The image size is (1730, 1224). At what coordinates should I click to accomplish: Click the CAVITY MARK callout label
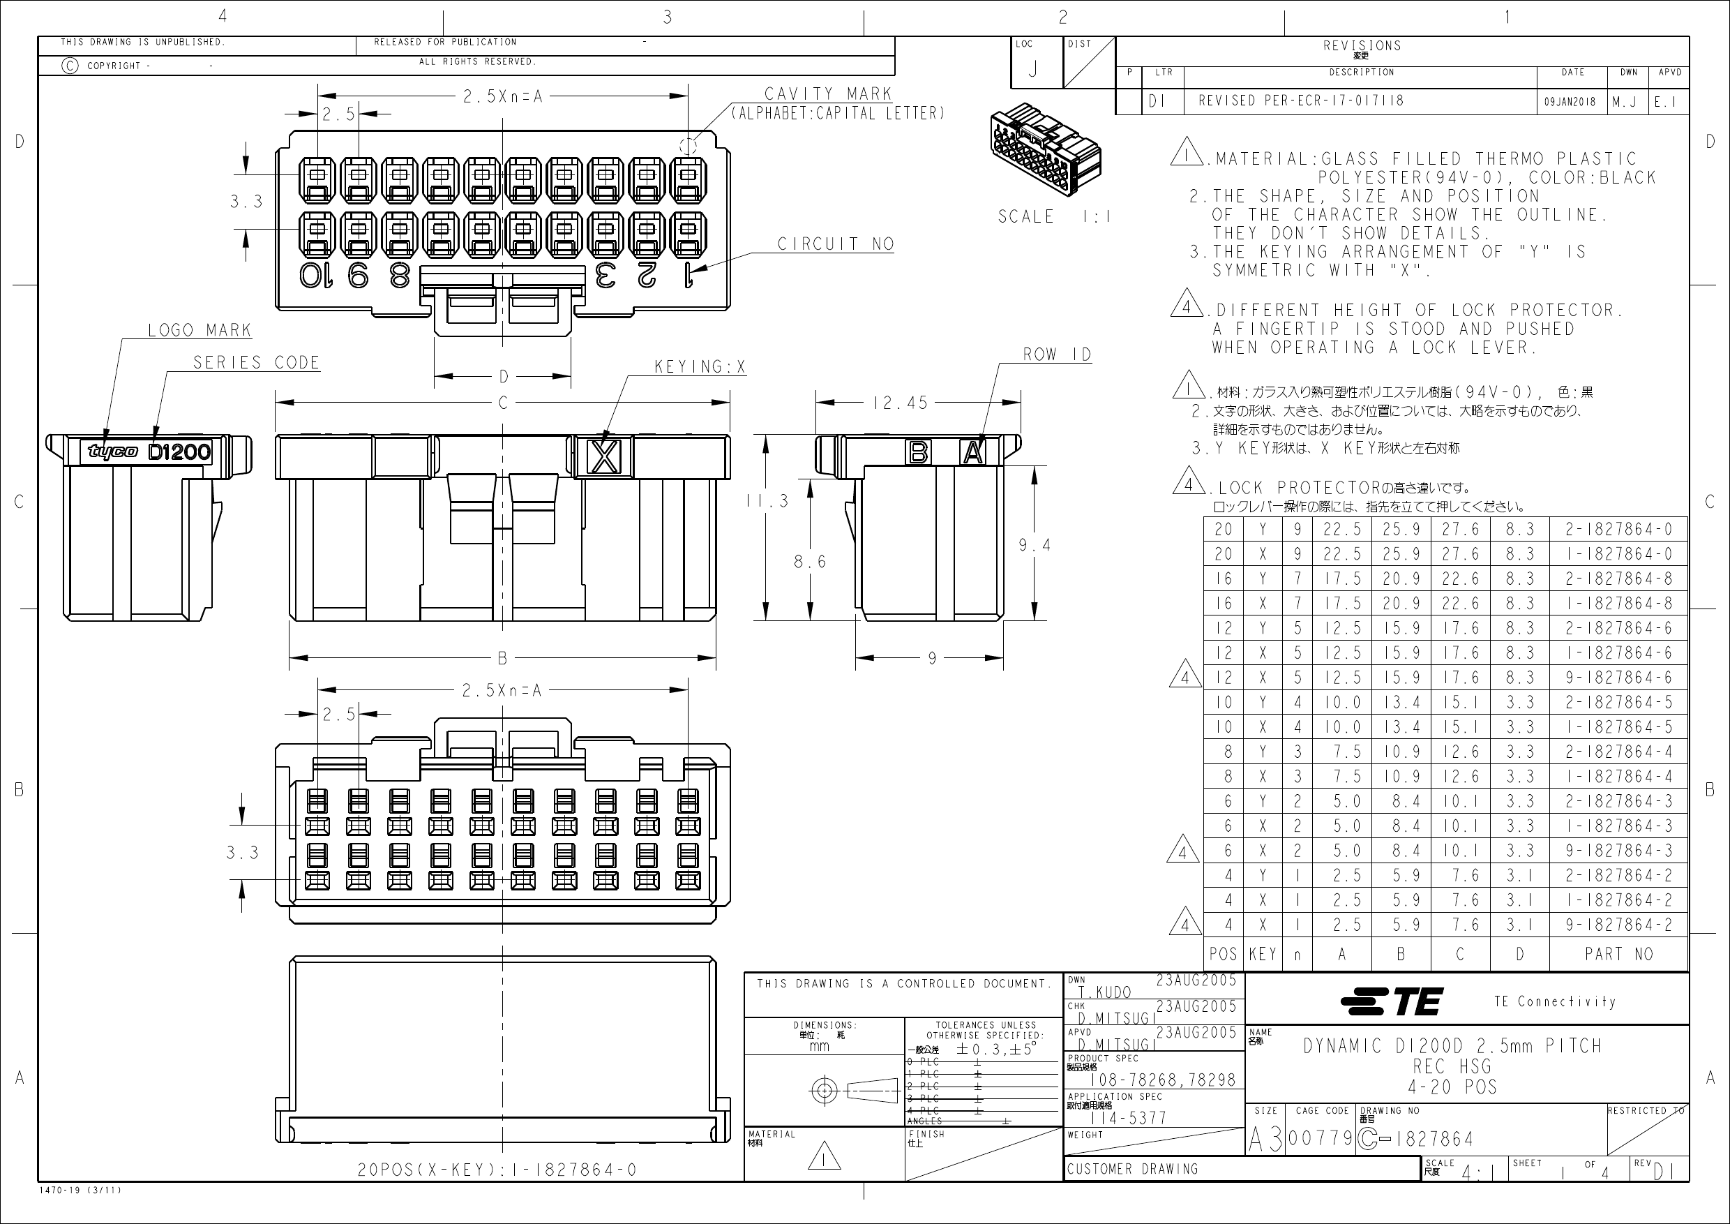point(827,94)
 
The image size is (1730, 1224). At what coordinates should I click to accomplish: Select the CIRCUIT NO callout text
point(835,244)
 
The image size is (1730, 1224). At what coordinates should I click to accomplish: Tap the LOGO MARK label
point(199,330)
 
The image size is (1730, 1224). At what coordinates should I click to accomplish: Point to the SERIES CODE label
point(256,363)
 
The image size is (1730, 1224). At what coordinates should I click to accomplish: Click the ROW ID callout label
point(1056,354)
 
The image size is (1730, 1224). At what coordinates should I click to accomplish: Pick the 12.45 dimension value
point(900,403)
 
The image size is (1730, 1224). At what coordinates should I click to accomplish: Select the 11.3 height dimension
point(767,500)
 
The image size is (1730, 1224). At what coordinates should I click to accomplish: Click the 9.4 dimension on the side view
point(1034,545)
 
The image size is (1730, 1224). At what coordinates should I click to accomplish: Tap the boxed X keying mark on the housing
point(604,456)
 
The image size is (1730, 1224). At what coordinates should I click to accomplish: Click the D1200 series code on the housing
point(179,452)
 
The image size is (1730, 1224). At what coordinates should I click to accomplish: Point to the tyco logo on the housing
point(113,451)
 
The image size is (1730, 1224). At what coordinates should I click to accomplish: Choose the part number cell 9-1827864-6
point(1618,678)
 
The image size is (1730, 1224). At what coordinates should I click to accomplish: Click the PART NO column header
point(1618,954)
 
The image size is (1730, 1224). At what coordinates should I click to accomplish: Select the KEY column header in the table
point(1262,954)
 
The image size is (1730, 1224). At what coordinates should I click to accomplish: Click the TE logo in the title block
point(1392,1001)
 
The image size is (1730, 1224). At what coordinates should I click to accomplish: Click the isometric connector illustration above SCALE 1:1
point(1046,149)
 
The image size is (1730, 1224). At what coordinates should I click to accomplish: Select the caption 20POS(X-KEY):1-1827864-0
point(497,1170)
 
